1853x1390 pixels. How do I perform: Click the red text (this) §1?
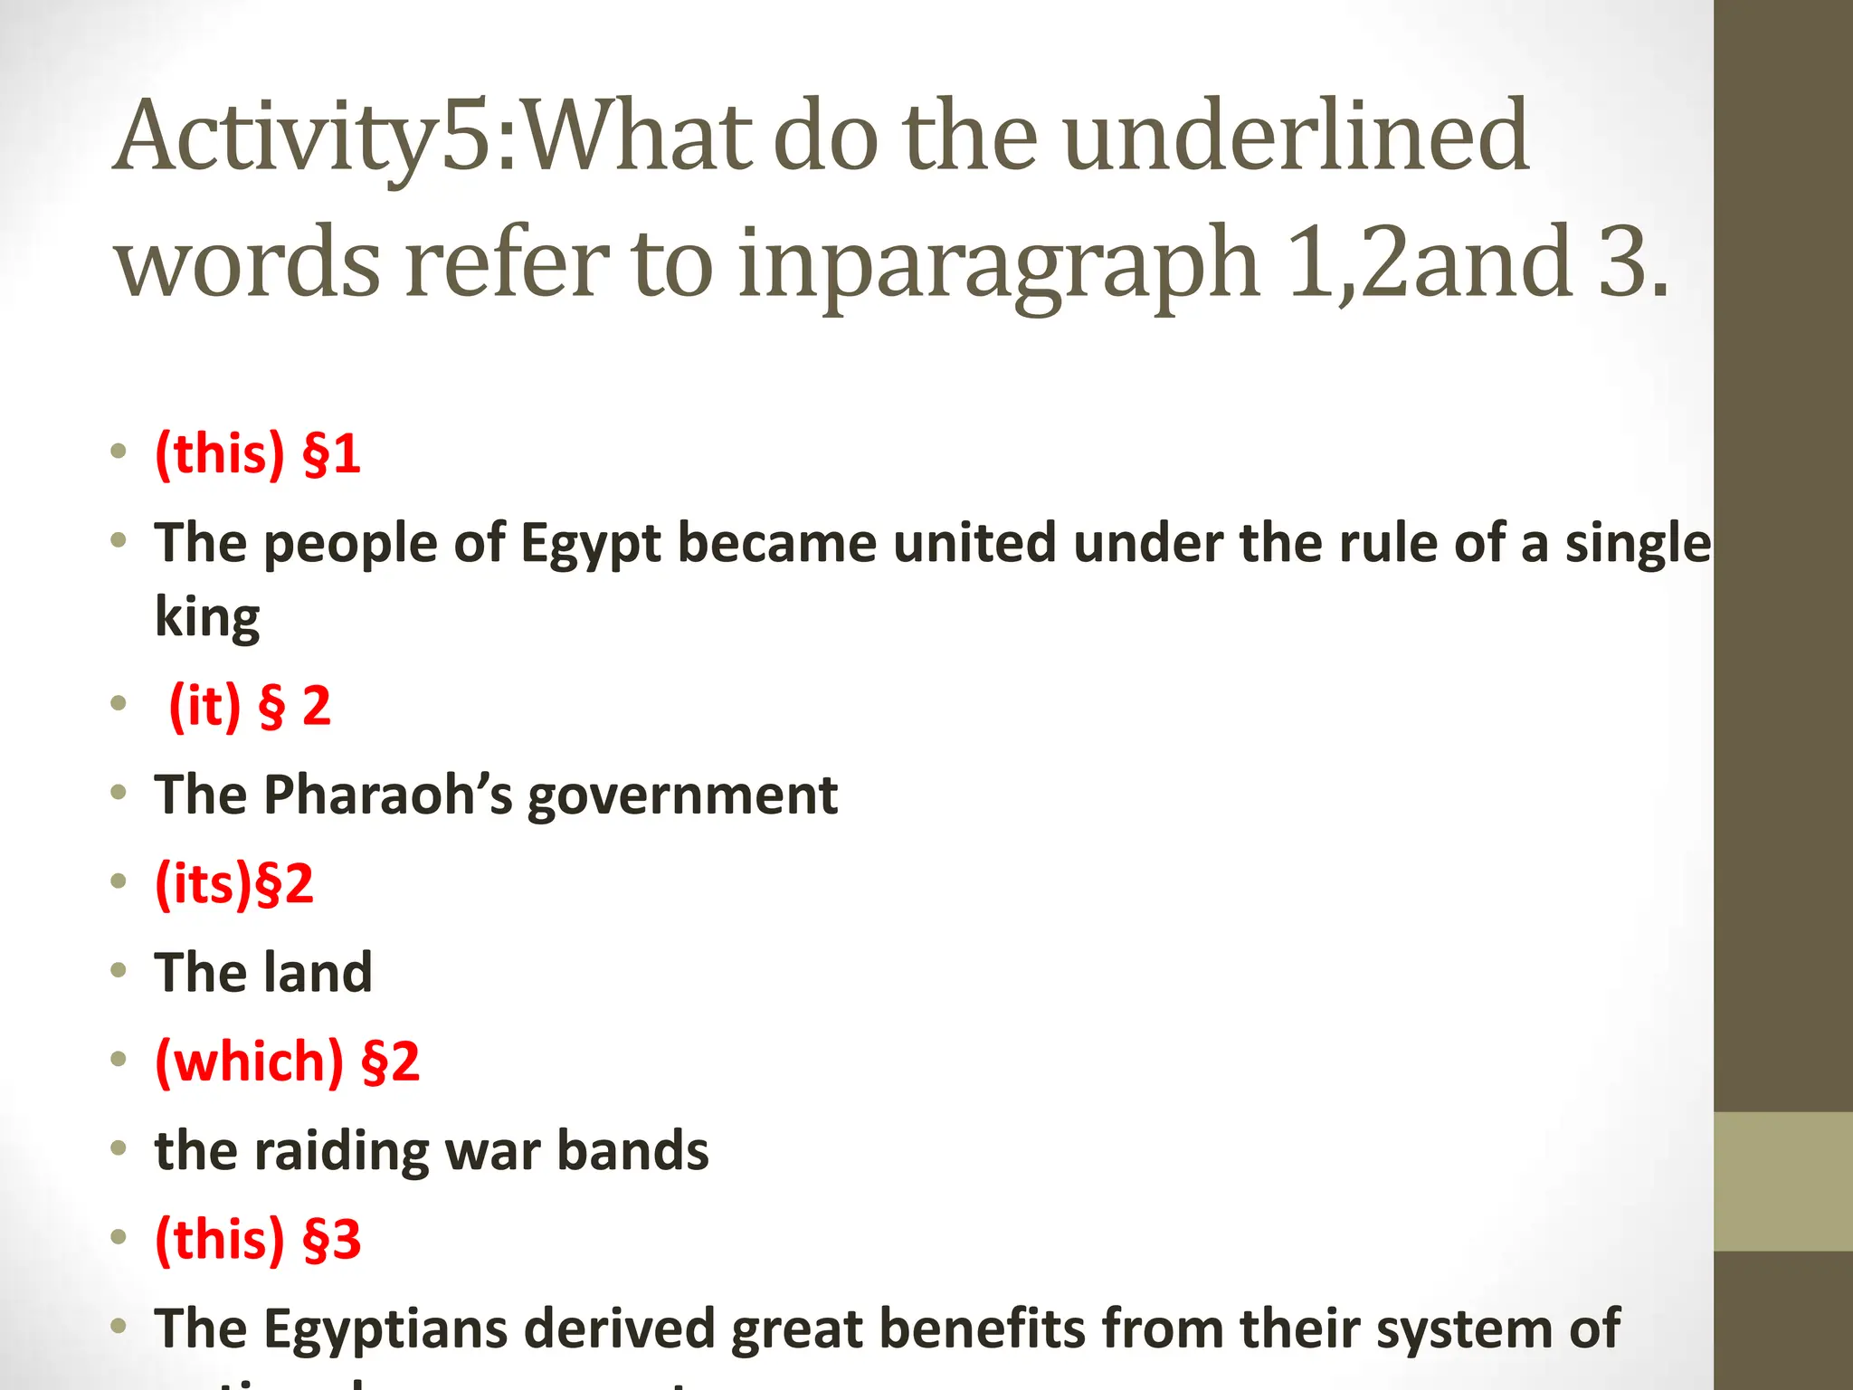click(258, 453)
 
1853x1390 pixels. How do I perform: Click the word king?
click(207, 617)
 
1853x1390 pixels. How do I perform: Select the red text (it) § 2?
click(250, 705)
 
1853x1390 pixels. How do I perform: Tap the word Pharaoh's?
click(388, 795)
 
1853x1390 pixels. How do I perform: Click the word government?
click(682, 795)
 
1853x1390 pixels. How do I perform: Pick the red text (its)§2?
click(234, 883)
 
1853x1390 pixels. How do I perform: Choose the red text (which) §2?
click(288, 1061)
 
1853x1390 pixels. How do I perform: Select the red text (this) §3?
click(258, 1239)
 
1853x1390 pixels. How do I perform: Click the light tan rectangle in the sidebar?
click(1783, 1181)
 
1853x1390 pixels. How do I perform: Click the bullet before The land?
click(119, 971)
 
